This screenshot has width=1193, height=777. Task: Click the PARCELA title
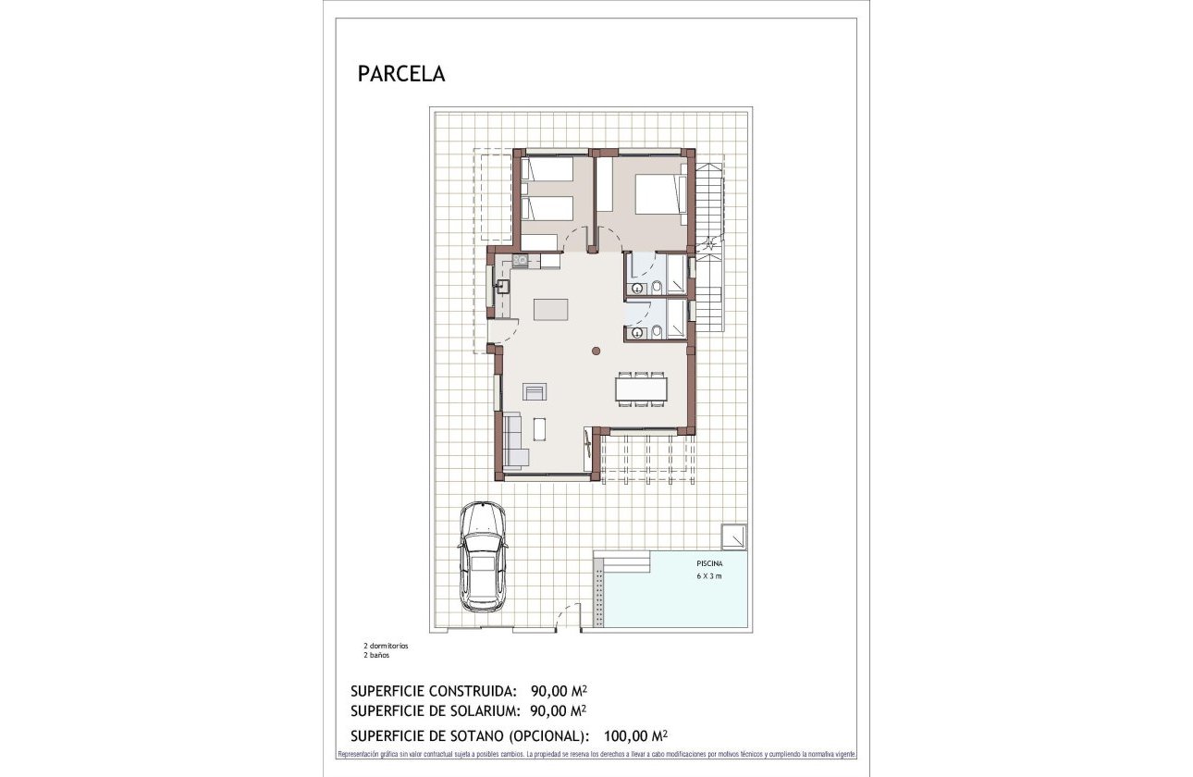tap(400, 74)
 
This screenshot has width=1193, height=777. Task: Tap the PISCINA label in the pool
tap(709, 563)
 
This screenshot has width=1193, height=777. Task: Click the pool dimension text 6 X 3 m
tap(709, 576)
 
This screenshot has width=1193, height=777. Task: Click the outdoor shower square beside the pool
tap(734, 536)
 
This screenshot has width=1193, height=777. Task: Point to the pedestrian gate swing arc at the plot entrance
tap(566, 615)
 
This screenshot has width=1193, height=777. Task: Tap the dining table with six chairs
tap(641, 389)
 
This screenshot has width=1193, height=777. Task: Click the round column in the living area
tap(596, 350)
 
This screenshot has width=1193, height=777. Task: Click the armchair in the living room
tap(535, 391)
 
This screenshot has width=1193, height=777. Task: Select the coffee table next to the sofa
tap(539, 429)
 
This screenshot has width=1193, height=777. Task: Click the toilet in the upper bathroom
tap(655, 288)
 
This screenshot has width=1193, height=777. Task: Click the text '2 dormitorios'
tap(386, 646)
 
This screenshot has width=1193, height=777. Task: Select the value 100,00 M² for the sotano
tap(635, 736)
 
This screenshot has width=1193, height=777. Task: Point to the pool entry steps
tap(622, 562)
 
